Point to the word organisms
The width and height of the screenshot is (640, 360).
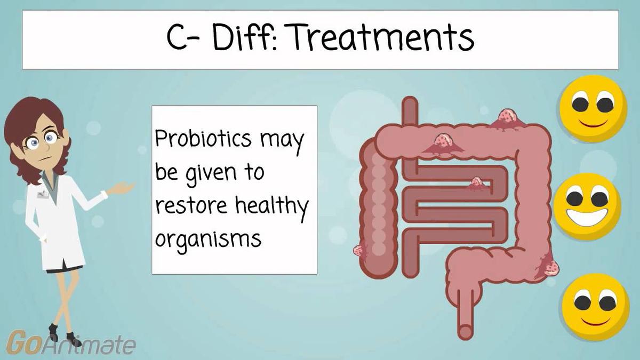208,238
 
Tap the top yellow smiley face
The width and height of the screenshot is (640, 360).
593,108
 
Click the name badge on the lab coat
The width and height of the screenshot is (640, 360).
42,195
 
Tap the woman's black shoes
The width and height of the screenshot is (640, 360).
64,336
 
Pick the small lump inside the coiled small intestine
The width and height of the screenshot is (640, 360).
477,183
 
